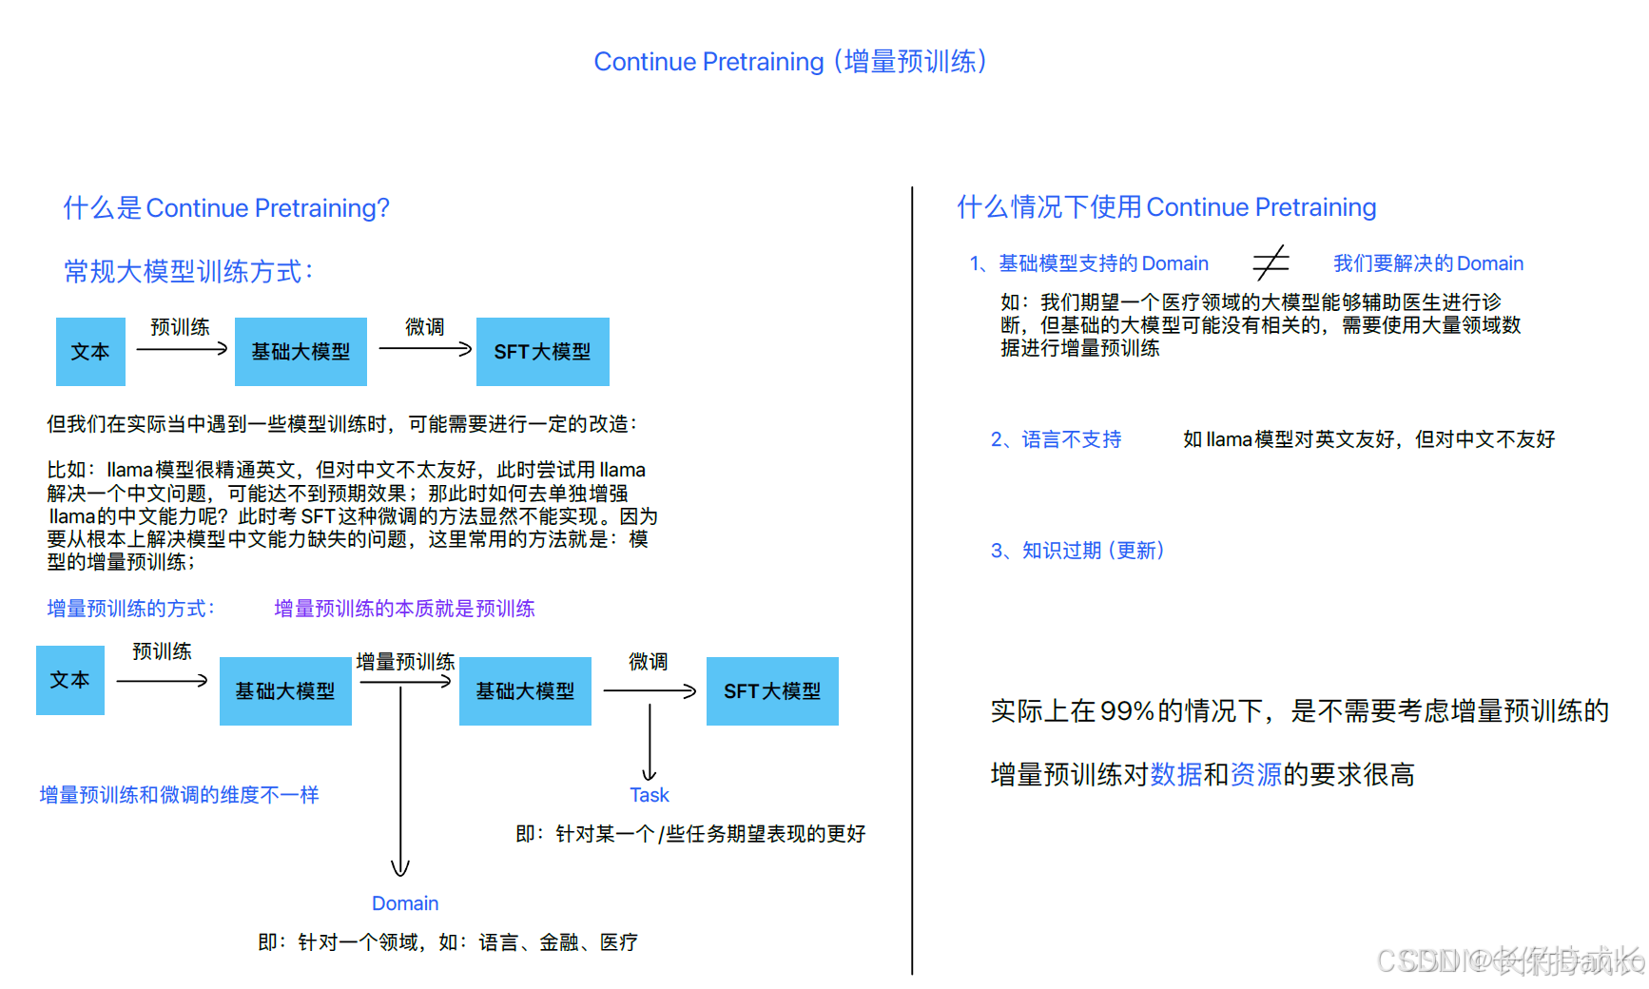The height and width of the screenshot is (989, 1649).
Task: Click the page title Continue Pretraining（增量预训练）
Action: [790, 62]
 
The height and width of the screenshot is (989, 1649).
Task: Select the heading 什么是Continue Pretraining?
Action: [226, 208]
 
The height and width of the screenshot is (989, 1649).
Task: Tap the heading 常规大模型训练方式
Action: [188, 272]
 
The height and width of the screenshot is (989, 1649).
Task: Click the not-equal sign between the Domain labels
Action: [1271, 262]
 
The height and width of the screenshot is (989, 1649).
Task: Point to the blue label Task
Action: [650, 795]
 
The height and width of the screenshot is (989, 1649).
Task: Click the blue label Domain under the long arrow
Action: [405, 903]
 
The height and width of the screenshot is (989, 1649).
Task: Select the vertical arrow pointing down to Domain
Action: [400, 780]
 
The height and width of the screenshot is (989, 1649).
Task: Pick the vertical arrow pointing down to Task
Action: [650, 742]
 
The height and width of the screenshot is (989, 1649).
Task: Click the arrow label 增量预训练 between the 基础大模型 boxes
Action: [405, 662]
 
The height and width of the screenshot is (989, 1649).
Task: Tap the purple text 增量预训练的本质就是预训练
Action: [404, 609]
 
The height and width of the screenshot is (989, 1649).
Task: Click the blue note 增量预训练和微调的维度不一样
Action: [179, 795]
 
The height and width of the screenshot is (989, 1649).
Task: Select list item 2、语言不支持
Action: [1056, 439]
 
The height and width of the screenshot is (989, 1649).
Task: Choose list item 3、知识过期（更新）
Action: [1077, 551]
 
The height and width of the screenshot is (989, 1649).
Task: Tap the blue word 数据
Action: [1176, 775]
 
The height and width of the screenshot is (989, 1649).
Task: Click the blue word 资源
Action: [1256, 775]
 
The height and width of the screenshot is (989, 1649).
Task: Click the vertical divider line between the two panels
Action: [912, 580]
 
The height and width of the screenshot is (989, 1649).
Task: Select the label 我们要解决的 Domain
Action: [1427, 263]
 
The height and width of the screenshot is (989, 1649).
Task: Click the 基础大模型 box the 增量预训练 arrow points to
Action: [525, 691]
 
